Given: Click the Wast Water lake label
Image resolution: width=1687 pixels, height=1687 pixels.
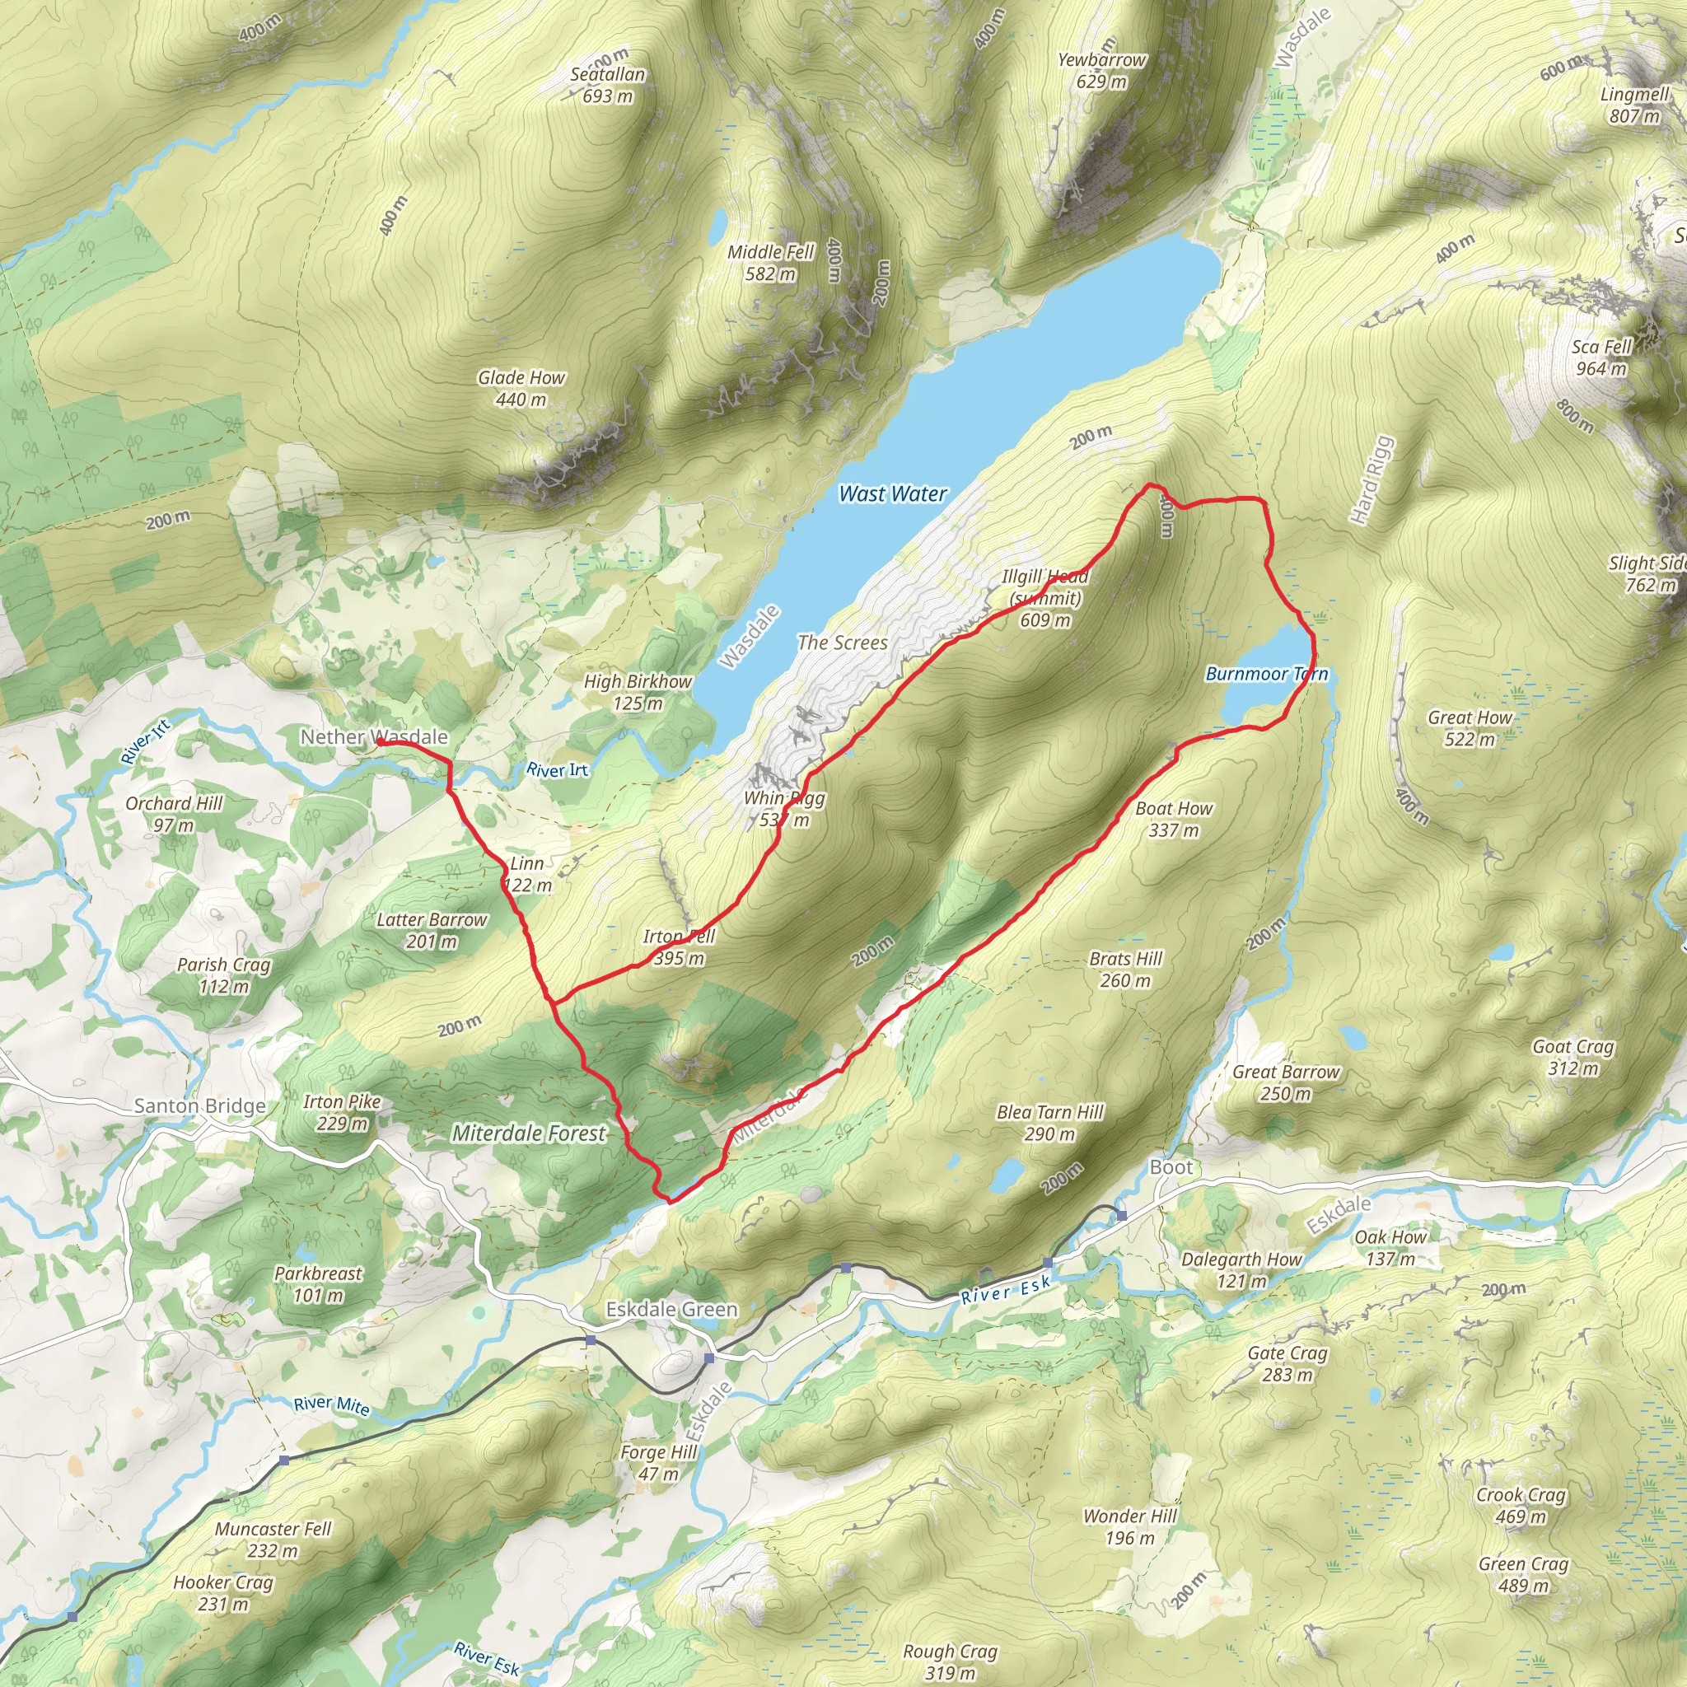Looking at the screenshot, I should coord(892,494).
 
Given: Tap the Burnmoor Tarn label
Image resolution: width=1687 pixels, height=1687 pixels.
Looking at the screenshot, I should coord(1266,674).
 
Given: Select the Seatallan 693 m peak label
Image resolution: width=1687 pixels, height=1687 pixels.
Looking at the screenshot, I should coord(608,86).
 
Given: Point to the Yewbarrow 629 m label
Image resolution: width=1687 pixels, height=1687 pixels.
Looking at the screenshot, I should coord(1101,71).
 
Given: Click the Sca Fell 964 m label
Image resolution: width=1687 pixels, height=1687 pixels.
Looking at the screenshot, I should coord(1601,357).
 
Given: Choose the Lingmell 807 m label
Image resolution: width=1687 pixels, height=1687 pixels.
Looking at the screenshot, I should coord(1634,105).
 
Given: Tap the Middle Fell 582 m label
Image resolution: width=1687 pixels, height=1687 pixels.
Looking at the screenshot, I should coord(770,263).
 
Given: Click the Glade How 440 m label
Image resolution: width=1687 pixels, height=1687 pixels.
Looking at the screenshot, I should coord(521,389).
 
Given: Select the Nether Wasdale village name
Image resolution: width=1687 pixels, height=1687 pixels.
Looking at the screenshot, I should coord(374,737).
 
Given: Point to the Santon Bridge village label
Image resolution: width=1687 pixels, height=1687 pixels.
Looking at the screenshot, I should coord(200,1106).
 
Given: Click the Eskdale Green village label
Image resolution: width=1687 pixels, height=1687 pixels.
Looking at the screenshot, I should coord(671,1310).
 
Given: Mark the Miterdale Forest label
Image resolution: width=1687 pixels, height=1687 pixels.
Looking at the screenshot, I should coord(528,1133).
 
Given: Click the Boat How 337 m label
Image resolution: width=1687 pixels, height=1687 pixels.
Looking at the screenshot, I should coord(1174,819).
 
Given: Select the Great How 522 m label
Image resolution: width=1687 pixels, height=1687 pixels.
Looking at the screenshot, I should coord(1470,728).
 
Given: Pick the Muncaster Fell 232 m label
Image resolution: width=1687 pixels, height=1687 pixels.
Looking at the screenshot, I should coord(273,1540).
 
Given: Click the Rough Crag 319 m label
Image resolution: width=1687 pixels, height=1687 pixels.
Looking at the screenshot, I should coord(950,1661).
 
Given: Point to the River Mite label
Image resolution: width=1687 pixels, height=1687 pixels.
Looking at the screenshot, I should coord(331,1405).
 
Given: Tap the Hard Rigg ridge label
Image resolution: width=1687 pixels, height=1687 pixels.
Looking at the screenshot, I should coord(1372,479).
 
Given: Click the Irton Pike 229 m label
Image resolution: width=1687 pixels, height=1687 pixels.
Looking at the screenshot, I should coord(343,1112).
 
